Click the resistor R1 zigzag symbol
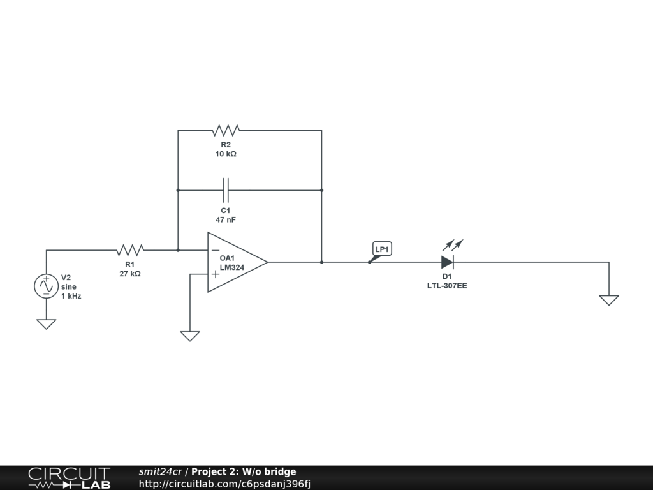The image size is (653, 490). [130, 249]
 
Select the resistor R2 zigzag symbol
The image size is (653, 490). [226, 130]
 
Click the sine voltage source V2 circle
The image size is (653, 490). [46, 286]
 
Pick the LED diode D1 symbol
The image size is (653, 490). [447, 262]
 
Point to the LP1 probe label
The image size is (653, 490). [382, 249]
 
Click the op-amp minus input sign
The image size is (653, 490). [216, 249]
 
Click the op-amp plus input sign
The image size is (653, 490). [216, 274]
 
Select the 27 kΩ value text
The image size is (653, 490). [130, 274]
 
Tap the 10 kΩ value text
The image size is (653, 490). [226, 154]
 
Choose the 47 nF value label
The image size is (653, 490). [226, 219]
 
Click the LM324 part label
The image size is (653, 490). [232, 268]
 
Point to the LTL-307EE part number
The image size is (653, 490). [447, 286]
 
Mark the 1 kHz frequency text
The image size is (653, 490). [71, 297]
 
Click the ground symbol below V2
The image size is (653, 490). [46, 324]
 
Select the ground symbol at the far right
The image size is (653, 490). [609, 300]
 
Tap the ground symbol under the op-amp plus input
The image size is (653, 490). [190, 336]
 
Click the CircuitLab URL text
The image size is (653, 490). [224, 484]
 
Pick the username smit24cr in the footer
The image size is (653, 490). [160, 472]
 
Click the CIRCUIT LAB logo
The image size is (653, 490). [69, 478]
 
